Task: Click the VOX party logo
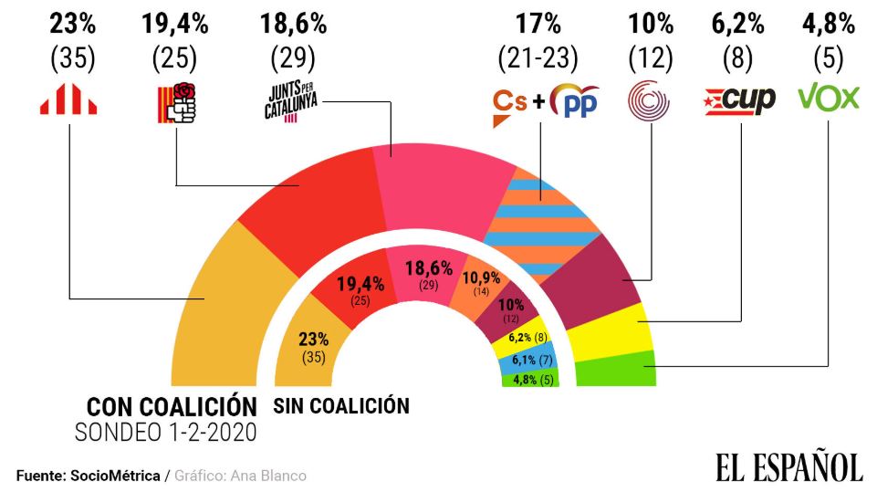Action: pyautogui.click(x=828, y=98)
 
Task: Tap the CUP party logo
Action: pyautogui.click(x=740, y=100)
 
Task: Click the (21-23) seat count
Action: pyautogui.click(x=538, y=58)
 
